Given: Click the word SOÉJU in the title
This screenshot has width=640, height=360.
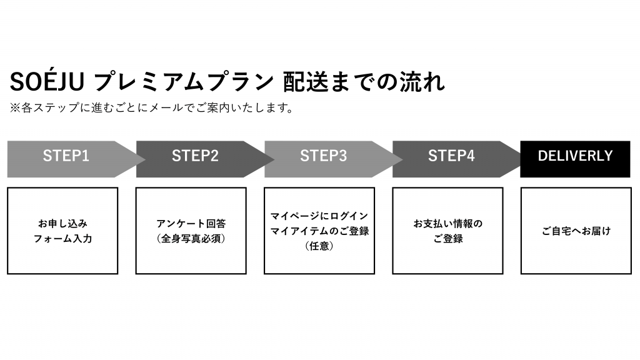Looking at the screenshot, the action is pyautogui.click(x=47, y=81).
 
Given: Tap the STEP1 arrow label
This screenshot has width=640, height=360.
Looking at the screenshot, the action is pyautogui.click(x=66, y=156).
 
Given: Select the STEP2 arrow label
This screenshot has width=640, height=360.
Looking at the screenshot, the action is pyautogui.click(x=195, y=156).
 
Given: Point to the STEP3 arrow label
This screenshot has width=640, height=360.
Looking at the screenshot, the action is pyautogui.click(x=323, y=156).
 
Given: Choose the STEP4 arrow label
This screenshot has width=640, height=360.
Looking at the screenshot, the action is pyautogui.click(x=451, y=156).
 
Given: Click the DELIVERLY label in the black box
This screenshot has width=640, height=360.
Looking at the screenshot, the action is pyautogui.click(x=576, y=156).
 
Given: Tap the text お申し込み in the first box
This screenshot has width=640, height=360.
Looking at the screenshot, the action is pyautogui.click(x=62, y=224).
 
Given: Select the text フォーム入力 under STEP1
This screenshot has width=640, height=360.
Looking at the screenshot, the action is pyautogui.click(x=62, y=239).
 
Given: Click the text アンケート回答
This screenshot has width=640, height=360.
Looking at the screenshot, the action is pyautogui.click(x=191, y=224).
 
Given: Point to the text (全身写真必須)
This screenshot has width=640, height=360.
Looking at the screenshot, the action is pyautogui.click(x=191, y=239).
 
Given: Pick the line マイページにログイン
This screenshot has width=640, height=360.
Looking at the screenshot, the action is pyautogui.click(x=319, y=216).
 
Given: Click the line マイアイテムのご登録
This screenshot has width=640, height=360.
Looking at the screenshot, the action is pyautogui.click(x=319, y=231).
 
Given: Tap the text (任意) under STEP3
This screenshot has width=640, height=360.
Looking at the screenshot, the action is pyautogui.click(x=319, y=246).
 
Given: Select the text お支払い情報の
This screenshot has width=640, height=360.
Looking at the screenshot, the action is pyautogui.click(x=447, y=224).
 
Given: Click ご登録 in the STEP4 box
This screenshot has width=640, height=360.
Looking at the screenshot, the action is pyautogui.click(x=447, y=239).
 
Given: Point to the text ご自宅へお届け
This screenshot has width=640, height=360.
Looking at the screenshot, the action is pyautogui.click(x=576, y=231).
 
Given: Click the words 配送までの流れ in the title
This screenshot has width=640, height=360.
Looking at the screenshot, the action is pyautogui.click(x=364, y=82).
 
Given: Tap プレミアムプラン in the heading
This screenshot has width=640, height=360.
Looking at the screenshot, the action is pyautogui.click(x=184, y=82).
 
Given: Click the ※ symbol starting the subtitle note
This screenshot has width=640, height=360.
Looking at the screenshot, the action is pyautogui.click(x=15, y=107).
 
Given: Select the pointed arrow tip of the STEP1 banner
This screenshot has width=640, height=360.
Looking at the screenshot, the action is pyautogui.click(x=145, y=159).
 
